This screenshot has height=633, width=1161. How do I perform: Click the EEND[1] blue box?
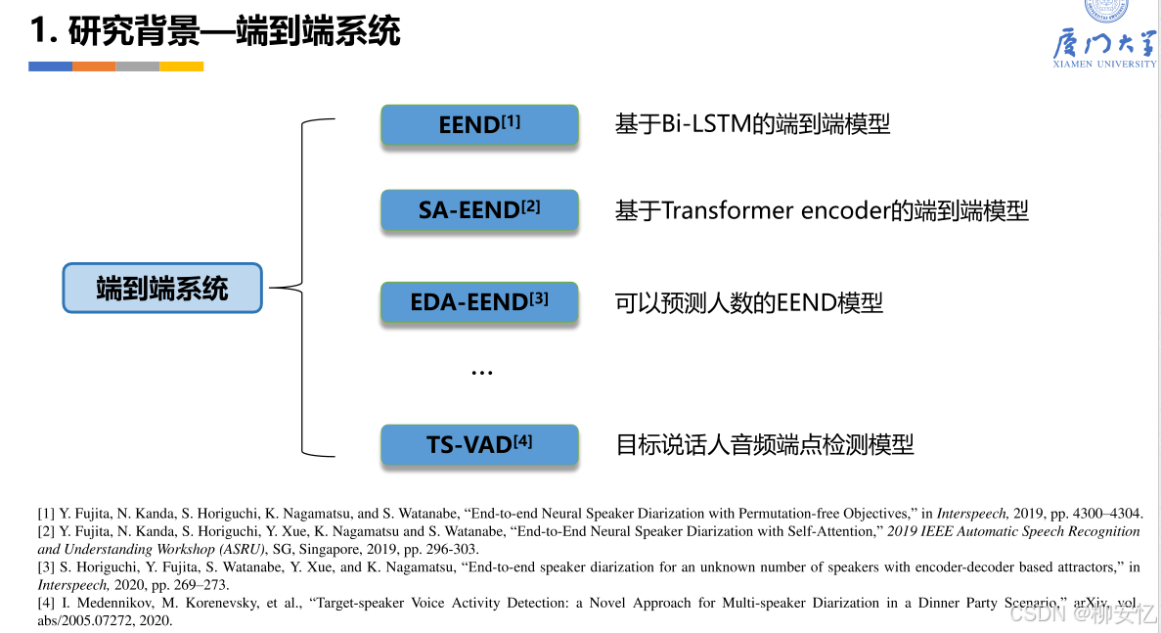tap(479, 125)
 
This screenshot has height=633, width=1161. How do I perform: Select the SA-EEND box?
tap(479, 210)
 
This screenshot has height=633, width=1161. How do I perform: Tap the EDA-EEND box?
tap(479, 303)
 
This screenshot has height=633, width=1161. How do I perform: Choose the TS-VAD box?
tap(479, 445)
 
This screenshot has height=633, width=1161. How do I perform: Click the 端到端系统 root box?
tap(162, 288)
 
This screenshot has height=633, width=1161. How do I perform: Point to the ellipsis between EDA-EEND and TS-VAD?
tap(481, 373)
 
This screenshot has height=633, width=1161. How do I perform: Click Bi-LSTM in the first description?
tap(696, 124)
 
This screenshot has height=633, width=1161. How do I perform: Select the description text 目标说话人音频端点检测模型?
tap(764, 445)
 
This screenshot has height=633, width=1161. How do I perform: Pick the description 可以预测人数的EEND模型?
tap(748, 303)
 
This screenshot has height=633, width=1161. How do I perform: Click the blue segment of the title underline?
tap(50, 67)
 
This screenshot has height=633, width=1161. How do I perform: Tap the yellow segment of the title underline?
tap(181, 67)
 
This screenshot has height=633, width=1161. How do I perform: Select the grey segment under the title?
tap(137, 67)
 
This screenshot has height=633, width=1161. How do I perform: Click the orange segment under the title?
tap(94, 67)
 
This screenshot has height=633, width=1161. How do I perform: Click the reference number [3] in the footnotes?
tap(46, 567)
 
